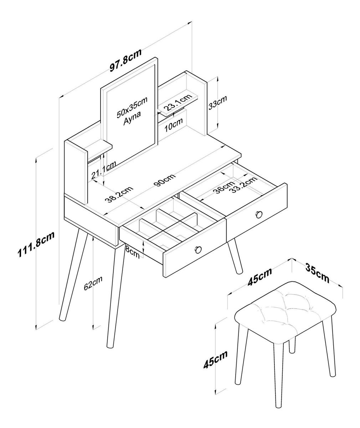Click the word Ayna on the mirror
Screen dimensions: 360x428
tap(132, 118)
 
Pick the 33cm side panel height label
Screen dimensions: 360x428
tap(217, 103)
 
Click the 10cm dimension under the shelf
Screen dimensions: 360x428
tap(173, 124)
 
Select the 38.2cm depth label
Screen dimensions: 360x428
tap(119, 194)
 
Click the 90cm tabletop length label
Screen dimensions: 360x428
tap(165, 180)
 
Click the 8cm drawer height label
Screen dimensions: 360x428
tap(133, 254)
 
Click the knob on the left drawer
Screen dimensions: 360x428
tap(198, 249)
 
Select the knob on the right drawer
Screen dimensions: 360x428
tap(259, 214)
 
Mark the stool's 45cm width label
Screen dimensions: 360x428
tap(259, 277)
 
